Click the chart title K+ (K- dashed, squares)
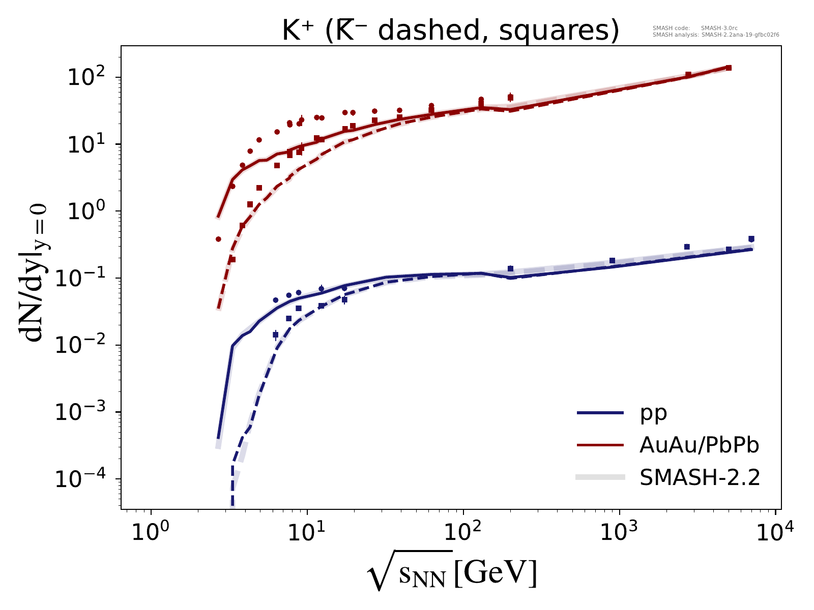pos(450,32)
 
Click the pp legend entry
pos(654,413)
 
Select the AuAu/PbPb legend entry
pos(699,445)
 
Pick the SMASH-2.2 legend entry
pos(699,477)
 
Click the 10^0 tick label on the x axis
pos(151,533)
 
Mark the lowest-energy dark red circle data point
pos(218,239)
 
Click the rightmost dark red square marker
pos(729,68)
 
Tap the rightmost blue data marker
pos(751,239)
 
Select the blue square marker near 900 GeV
pos(612,261)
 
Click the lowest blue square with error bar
pos(276,334)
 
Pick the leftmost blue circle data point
pos(276,300)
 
